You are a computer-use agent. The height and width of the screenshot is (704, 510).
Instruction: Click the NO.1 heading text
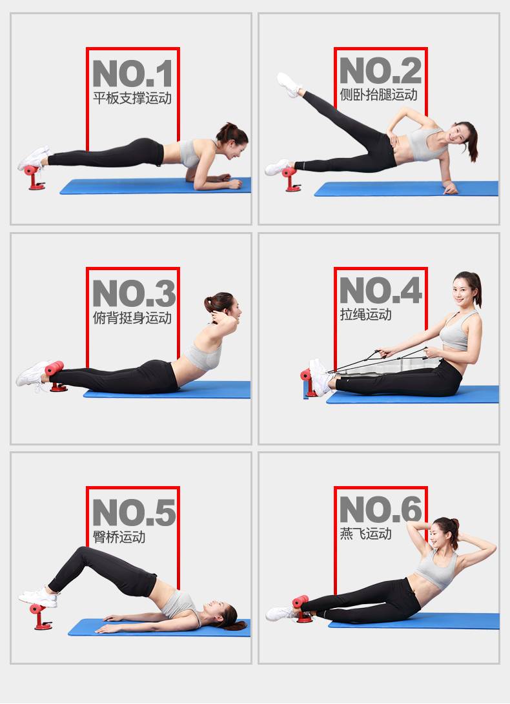[x=132, y=73]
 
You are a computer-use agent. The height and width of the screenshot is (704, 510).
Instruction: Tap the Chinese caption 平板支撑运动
[x=132, y=98]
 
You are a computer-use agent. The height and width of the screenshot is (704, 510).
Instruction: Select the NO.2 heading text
[x=380, y=70]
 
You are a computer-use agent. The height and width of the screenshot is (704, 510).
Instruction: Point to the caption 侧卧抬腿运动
[x=379, y=95]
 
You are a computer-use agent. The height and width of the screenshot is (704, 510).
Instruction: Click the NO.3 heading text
[x=134, y=293]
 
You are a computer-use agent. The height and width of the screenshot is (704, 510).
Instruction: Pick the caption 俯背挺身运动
[x=132, y=318]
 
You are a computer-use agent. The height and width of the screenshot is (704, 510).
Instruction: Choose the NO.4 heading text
[x=381, y=290]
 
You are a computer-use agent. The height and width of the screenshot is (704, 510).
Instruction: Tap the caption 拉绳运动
[x=365, y=315]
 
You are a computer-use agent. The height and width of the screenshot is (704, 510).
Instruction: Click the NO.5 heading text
[x=134, y=513]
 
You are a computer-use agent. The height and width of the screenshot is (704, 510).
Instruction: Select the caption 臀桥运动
[x=119, y=537]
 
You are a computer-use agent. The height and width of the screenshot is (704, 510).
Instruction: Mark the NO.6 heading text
[x=381, y=509]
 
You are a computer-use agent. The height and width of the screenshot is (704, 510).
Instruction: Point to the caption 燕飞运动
[x=365, y=533]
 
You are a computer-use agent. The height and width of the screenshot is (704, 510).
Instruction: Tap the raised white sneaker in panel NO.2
[x=289, y=84]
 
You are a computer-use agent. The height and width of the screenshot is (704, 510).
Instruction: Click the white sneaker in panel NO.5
[x=39, y=597]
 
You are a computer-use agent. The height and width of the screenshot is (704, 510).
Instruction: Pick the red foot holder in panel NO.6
[x=302, y=609]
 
